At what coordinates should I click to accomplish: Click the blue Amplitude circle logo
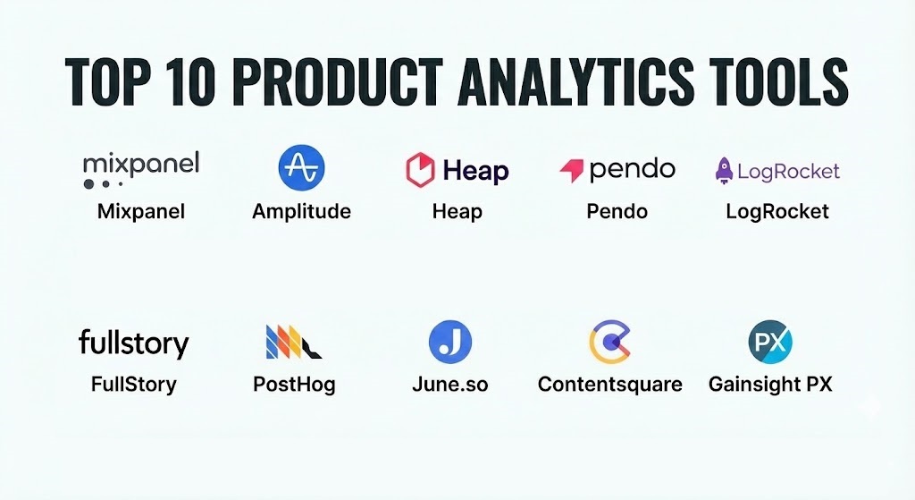pos(301,167)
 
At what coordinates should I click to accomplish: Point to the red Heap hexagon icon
pos(420,170)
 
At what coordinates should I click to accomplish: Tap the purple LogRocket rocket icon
pos(724,171)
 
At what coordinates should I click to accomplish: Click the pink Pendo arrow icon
pos(572,170)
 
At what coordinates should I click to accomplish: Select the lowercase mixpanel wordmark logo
pos(141,169)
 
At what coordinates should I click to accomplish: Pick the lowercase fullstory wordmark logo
pos(134,343)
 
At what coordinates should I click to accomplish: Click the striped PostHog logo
pos(293,342)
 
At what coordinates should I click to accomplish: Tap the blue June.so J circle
pos(450,342)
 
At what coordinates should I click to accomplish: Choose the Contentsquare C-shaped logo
pos(609,342)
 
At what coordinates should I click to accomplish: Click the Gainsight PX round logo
pos(770,342)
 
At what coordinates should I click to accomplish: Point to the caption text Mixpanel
pos(141,211)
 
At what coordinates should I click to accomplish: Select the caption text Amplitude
pos(301,211)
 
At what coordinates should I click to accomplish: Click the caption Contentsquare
pos(609,385)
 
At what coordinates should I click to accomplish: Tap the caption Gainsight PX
pos(770,385)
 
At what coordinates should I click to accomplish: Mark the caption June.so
pos(450,385)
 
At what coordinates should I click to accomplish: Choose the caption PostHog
pos(294,385)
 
